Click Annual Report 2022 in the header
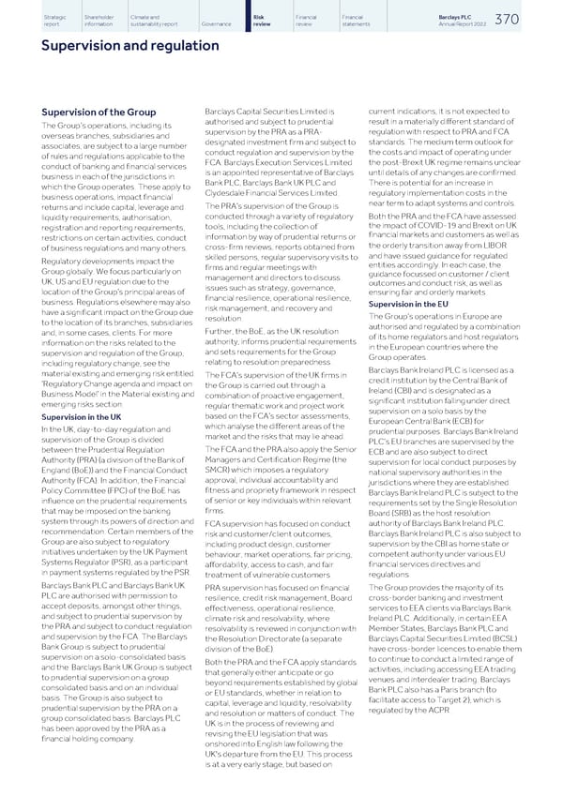(x=489, y=22)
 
